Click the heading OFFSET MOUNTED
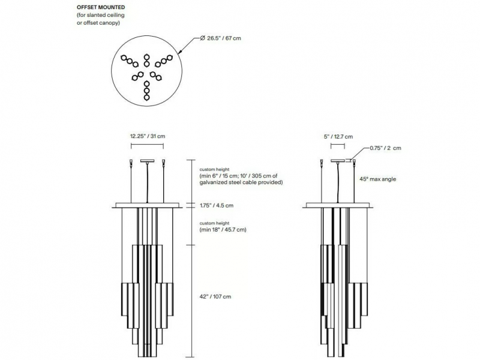(101, 7)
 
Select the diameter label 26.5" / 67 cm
(220, 38)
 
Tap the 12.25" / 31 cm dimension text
(148, 136)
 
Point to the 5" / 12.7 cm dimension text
(338, 137)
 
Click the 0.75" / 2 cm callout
(385, 148)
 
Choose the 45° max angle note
(378, 179)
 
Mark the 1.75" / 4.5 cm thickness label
(217, 206)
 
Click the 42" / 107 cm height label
(215, 296)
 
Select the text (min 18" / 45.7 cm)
(223, 230)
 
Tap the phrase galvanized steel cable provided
(241, 182)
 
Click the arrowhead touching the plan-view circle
(180, 53)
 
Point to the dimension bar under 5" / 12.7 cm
(338, 146)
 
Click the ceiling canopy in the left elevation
(147, 161)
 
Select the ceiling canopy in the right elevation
(338, 161)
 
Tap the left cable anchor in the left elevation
(131, 162)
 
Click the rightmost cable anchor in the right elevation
(354, 162)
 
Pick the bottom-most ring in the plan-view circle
(146, 98)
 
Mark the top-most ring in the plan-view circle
(146, 57)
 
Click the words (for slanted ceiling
(100, 15)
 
